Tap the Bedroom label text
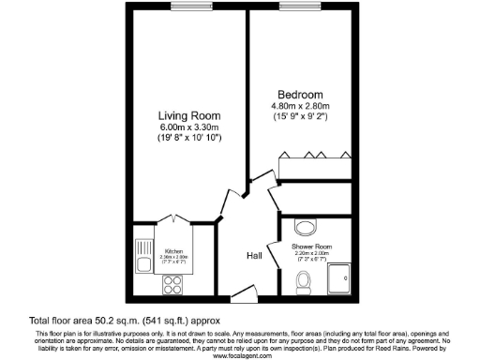click(301, 95)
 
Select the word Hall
click(253, 255)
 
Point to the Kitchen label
click(174, 251)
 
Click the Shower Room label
click(312, 247)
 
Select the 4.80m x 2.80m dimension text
click(301, 106)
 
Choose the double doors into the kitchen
click(174, 219)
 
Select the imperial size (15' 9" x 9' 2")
click(301, 117)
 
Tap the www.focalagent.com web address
click(240, 356)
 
